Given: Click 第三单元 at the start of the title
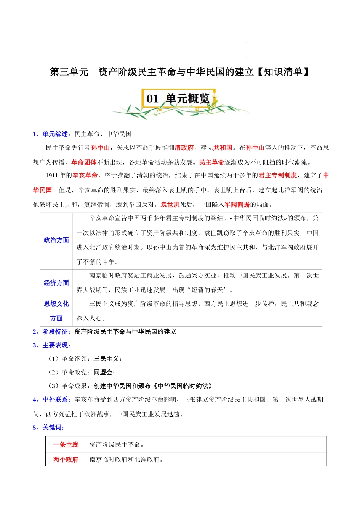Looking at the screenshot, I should click(69, 72).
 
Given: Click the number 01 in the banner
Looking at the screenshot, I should click(152, 99).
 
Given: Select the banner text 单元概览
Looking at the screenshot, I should click(188, 99).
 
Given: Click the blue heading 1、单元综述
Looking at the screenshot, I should click(51, 134).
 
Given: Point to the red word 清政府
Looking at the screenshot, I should click(184, 148).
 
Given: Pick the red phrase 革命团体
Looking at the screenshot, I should click(84, 162).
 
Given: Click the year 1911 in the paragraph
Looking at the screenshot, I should click(51, 176).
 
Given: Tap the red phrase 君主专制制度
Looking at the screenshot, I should click(278, 176).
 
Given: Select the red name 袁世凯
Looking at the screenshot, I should click(170, 205).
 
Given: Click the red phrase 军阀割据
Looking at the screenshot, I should click(237, 205).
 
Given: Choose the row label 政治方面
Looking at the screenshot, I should click(56, 240).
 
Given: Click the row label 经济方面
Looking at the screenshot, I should click(56, 283).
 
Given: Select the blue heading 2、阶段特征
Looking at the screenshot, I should click(51, 332).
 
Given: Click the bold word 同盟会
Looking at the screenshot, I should click(103, 372).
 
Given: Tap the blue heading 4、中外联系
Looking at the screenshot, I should click(51, 400).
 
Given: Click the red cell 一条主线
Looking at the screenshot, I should click(66, 445).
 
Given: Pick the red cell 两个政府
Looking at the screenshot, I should click(66, 460).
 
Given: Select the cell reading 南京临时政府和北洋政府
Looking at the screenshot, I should click(126, 460).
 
